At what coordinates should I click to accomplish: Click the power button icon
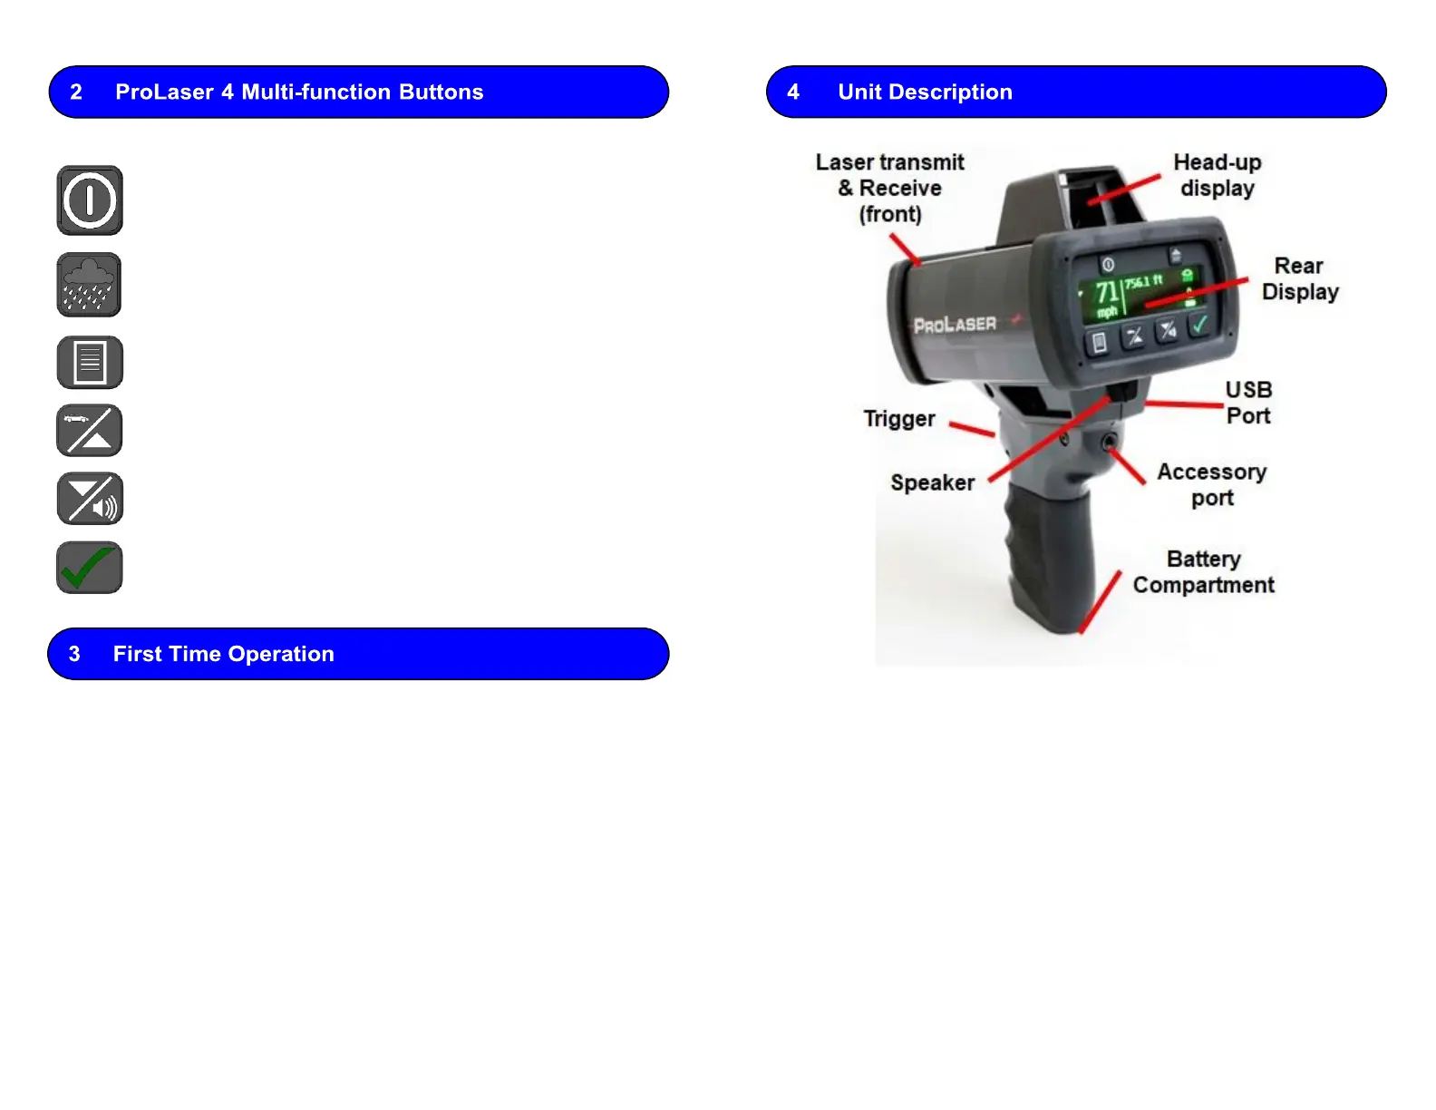pyautogui.click(x=90, y=200)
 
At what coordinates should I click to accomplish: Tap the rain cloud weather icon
pyautogui.click(x=89, y=285)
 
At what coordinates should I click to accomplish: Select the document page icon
pyautogui.click(x=90, y=363)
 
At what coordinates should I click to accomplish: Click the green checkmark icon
pyautogui.click(x=90, y=568)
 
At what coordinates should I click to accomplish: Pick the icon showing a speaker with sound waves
pyautogui.click(x=90, y=499)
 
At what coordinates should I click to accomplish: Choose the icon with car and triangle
pyautogui.click(x=90, y=431)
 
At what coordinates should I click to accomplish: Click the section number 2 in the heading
pyautogui.click(x=76, y=92)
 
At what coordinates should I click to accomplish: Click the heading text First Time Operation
pyautogui.click(x=223, y=654)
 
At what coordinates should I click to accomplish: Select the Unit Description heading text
pyautogui.click(x=925, y=92)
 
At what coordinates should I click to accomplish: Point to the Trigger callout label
pyautogui.click(x=898, y=419)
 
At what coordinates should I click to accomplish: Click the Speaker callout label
pyautogui.click(x=932, y=483)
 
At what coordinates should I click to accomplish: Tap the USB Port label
pyautogui.click(x=1248, y=403)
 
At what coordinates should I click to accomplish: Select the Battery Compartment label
pyautogui.click(x=1203, y=572)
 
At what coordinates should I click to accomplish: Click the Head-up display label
pyautogui.click(x=1217, y=175)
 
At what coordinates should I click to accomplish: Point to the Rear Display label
pyautogui.click(x=1299, y=278)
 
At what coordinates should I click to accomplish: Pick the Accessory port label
pyautogui.click(x=1211, y=485)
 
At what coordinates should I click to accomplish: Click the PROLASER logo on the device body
pyautogui.click(x=955, y=325)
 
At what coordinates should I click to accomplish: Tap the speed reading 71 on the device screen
pyautogui.click(x=1106, y=293)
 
